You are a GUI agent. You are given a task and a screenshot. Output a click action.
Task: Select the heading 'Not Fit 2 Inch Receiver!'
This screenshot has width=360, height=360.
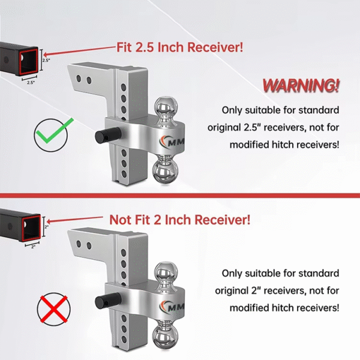point(179,220)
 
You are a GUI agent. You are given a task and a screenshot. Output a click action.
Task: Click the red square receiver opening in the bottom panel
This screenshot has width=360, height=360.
point(29,228)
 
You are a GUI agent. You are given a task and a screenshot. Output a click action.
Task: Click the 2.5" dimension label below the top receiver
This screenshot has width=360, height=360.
point(31,83)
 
